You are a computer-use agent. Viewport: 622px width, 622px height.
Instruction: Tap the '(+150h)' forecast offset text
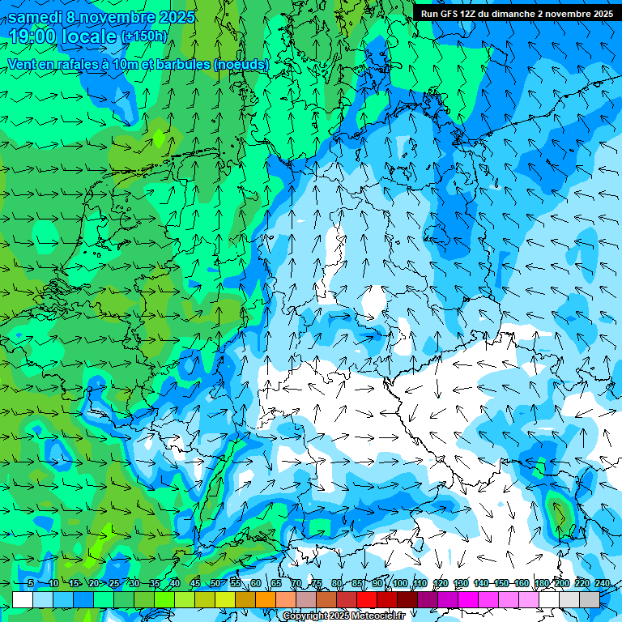pos(144,36)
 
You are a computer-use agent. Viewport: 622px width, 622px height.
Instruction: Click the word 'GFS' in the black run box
pos(450,14)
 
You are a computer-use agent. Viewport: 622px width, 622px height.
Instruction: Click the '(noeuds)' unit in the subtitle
pos(241,64)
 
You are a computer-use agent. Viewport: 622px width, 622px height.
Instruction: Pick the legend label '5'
pos(30,584)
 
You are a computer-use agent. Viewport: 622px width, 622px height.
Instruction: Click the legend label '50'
pos(215,584)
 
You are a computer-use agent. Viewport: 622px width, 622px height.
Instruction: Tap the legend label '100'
pos(400,584)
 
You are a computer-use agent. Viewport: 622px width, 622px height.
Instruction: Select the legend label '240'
pos(602,584)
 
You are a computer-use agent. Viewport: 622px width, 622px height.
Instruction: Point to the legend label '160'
pos(521,584)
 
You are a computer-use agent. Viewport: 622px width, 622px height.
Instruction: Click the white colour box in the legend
pos(23,599)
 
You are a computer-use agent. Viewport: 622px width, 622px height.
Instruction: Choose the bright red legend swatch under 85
pos(367,599)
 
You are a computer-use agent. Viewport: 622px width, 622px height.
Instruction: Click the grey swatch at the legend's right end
pos(590,599)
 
